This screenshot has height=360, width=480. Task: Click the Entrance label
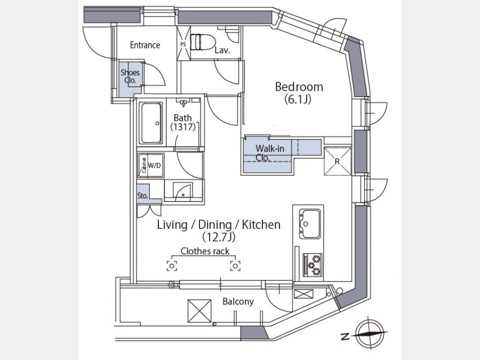point(145,45)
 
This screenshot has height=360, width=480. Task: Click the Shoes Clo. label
point(130,76)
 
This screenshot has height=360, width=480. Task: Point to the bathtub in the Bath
point(150,123)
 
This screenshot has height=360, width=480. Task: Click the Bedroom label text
point(299,87)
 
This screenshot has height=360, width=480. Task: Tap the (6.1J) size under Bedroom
point(298,99)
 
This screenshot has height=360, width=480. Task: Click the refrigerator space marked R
point(338,161)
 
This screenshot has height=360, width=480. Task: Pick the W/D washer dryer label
point(154,166)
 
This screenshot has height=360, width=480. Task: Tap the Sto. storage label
point(142,196)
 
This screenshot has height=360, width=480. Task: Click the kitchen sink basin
point(310,224)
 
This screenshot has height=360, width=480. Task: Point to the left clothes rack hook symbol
point(172,266)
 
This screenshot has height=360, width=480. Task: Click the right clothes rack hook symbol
point(235,266)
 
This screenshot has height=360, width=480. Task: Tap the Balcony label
point(238,302)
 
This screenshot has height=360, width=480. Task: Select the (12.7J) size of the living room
point(219,237)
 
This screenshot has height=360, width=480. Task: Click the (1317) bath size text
point(183,127)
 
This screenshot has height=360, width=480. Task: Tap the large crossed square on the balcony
point(199,311)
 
